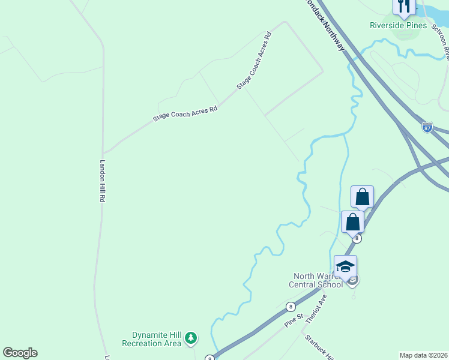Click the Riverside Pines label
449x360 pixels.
398,25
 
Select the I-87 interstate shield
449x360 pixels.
427,128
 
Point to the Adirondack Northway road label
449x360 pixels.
325,24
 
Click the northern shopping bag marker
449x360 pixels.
362,197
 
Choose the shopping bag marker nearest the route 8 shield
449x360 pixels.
352,221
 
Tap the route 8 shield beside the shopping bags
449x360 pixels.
357,238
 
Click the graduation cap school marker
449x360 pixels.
345,266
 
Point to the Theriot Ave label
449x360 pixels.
315,309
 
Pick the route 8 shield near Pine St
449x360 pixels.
291,306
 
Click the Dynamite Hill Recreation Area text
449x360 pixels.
151,339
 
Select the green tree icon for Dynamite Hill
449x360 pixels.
191,339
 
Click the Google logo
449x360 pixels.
20,353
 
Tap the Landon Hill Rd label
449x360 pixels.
103,180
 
